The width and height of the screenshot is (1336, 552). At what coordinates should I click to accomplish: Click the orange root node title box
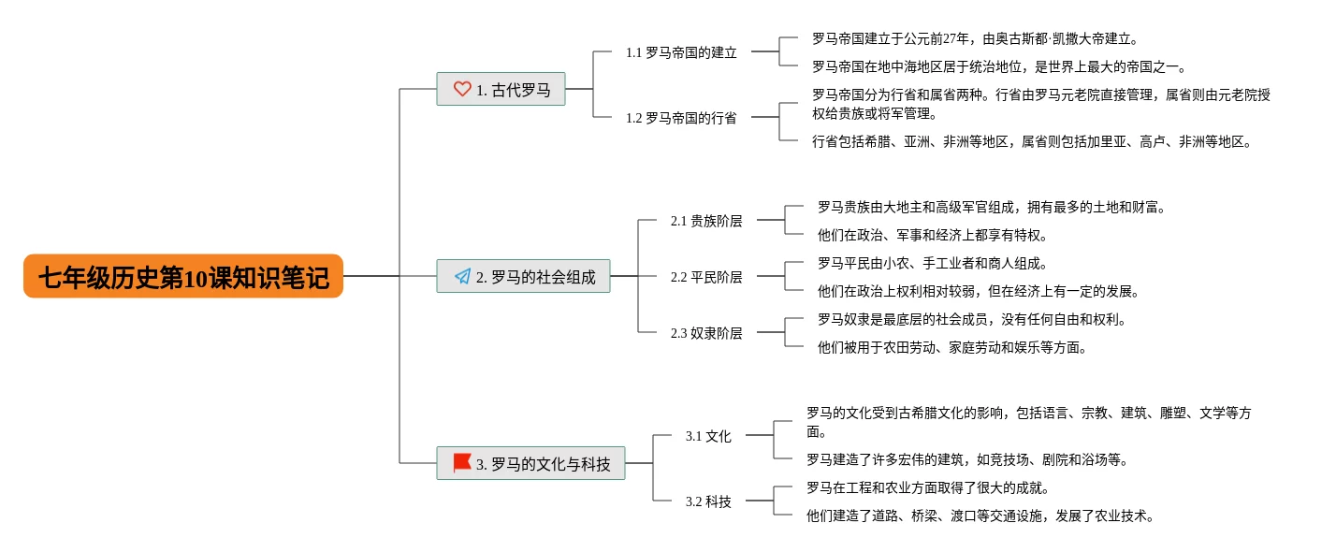(183, 276)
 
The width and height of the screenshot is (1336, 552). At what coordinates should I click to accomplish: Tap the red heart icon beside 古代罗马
(461, 89)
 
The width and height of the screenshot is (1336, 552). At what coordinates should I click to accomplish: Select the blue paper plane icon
(462, 276)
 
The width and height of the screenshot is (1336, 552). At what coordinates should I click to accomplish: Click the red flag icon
(461, 463)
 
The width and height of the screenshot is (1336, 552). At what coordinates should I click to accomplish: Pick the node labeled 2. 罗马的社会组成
(523, 276)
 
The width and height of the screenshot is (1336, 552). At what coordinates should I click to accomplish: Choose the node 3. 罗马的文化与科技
(530, 463)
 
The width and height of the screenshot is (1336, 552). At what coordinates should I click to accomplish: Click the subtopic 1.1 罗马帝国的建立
(681, 52)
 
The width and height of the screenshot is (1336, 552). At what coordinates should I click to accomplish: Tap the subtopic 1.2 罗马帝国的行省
(681, 118)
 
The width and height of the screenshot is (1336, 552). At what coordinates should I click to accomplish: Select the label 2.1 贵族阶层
(706, 221)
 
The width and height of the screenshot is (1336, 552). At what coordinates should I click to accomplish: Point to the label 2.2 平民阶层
(706, 277)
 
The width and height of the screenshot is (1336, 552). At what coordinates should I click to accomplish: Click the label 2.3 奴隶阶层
(706, 333)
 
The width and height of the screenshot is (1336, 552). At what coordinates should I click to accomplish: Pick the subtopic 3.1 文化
(708, 436)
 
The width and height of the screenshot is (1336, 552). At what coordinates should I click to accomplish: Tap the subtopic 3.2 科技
(708, 501)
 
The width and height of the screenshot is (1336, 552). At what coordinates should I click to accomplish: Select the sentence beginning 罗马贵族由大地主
(992, 207)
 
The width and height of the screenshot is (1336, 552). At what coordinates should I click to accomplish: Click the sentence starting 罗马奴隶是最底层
(971, 319)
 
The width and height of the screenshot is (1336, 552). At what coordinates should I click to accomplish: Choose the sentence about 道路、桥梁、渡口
(980, 516)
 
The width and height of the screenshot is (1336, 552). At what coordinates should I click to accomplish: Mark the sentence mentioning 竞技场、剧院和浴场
(967, 459)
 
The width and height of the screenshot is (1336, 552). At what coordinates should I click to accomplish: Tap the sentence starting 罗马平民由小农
(933, 263)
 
